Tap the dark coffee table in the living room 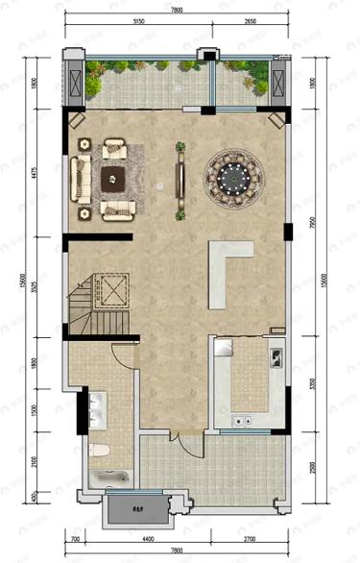(114, 176)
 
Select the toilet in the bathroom (97, 450)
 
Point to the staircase (99, 298)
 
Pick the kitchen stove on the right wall (276, 356)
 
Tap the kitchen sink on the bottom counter (239, 419)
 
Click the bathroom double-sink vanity (94, 408)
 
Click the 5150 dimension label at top (138, 19)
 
